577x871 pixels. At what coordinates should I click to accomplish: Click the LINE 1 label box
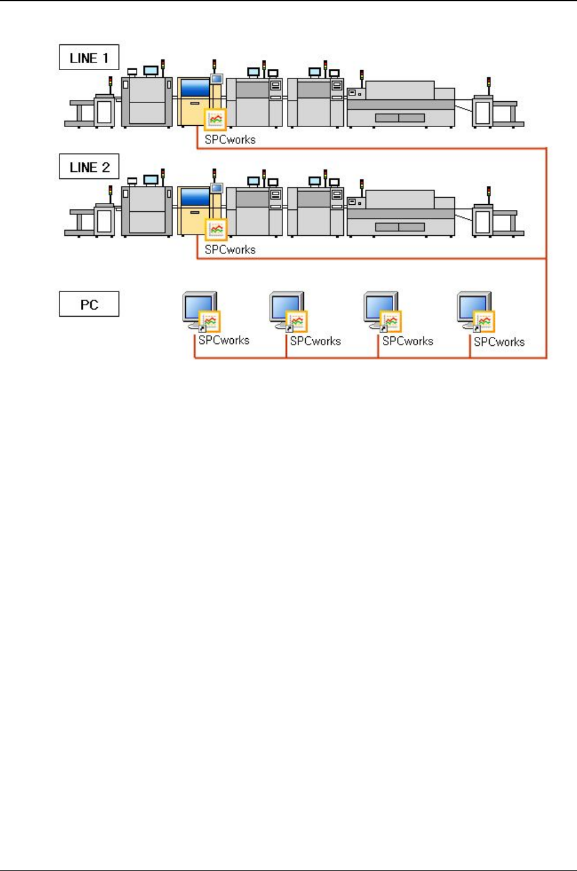click(89, 58)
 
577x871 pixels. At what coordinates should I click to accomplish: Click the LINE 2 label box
click(89, 167)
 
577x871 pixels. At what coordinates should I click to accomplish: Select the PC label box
click(89, 304)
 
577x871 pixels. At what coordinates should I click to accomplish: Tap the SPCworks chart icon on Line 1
click(216, 119)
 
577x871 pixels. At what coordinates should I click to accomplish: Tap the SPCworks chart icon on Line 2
click(216, 229)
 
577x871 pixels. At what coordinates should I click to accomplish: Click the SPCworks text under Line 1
click(230, 140)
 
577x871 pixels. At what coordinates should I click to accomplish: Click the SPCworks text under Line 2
click(230, 250)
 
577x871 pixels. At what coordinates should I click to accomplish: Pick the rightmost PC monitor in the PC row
click(473, 309)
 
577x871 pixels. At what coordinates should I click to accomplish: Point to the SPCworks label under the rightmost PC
click(499, 342)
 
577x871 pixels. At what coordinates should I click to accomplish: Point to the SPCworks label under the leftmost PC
click(224, 340)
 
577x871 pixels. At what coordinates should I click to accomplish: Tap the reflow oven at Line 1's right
click(401, 104)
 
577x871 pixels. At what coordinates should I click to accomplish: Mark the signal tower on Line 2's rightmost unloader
click(488, 192)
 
